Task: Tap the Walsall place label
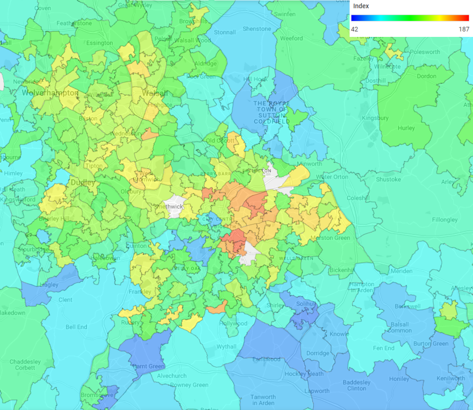point(155,93)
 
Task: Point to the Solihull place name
point(305,304)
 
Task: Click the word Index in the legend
point(361,6)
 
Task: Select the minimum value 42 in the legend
point(355,29)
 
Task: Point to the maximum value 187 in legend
point(463,29)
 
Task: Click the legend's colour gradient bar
point(410,18)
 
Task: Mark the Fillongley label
point(445,220)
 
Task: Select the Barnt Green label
point(149,367)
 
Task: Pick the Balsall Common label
point(399,327)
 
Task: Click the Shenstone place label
point(257,29)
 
